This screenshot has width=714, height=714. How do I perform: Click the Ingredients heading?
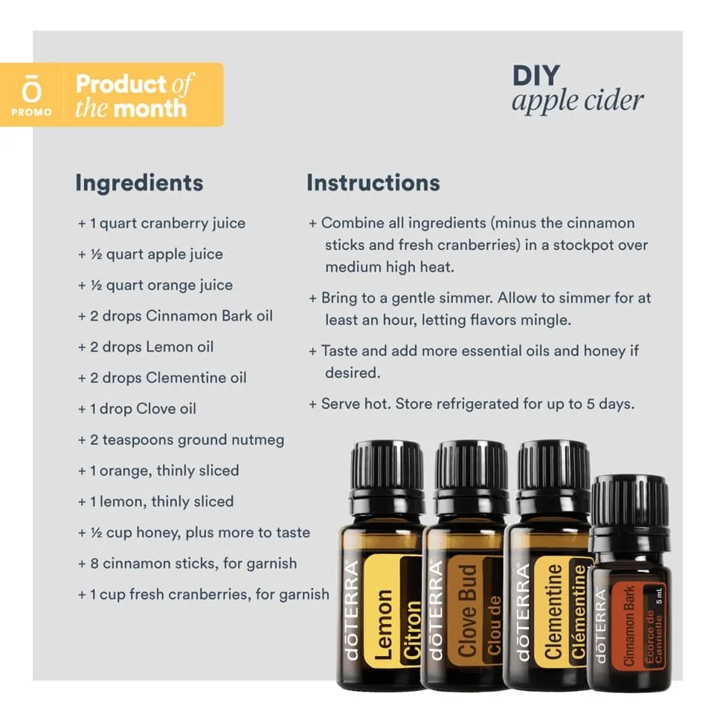pos(139,183)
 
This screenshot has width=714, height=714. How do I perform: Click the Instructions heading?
pos(373,183)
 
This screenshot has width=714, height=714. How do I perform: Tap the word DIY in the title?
pos(536,76)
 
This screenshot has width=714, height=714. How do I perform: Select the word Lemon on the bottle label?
pos(383,625)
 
